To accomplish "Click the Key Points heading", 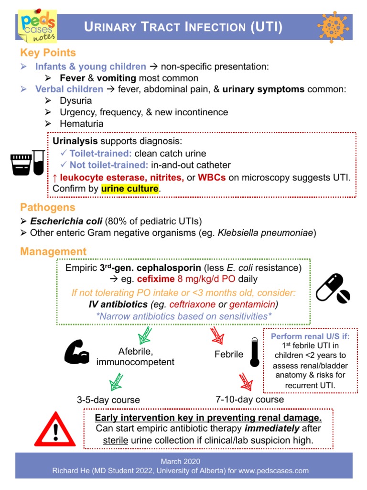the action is pyautogui.click(x=48, y=53).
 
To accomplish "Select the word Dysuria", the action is pyautogui.click(x=76, y=101).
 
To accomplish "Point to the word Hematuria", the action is pyautogui.click(x=81, y=124).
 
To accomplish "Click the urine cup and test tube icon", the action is pyautogui.click(x=28, y=163).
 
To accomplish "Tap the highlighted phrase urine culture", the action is pyautogui.click(x=130, y=189).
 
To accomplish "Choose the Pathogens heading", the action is pyautogui.click(x=47, y=207).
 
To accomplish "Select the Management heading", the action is pyautogui.click(x=53, y=251).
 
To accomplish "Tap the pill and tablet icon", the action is pyautogui.click(x=333, y=288).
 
